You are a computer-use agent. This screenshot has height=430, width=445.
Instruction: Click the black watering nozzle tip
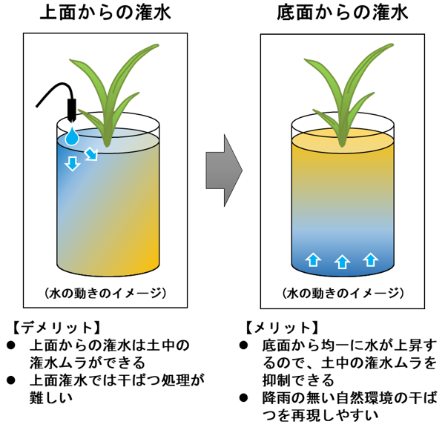point(72,112)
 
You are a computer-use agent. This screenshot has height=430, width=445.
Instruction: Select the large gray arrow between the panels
point(224,170)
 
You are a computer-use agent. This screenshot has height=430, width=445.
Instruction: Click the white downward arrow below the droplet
point(72,162)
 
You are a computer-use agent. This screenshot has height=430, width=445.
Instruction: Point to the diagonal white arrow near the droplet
point(90,153)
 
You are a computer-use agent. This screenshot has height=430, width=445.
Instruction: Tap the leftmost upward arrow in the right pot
point(313,259)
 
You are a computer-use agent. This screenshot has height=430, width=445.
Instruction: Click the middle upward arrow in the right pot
point(342,261)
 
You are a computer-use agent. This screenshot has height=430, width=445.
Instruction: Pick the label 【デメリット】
point(56,326)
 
